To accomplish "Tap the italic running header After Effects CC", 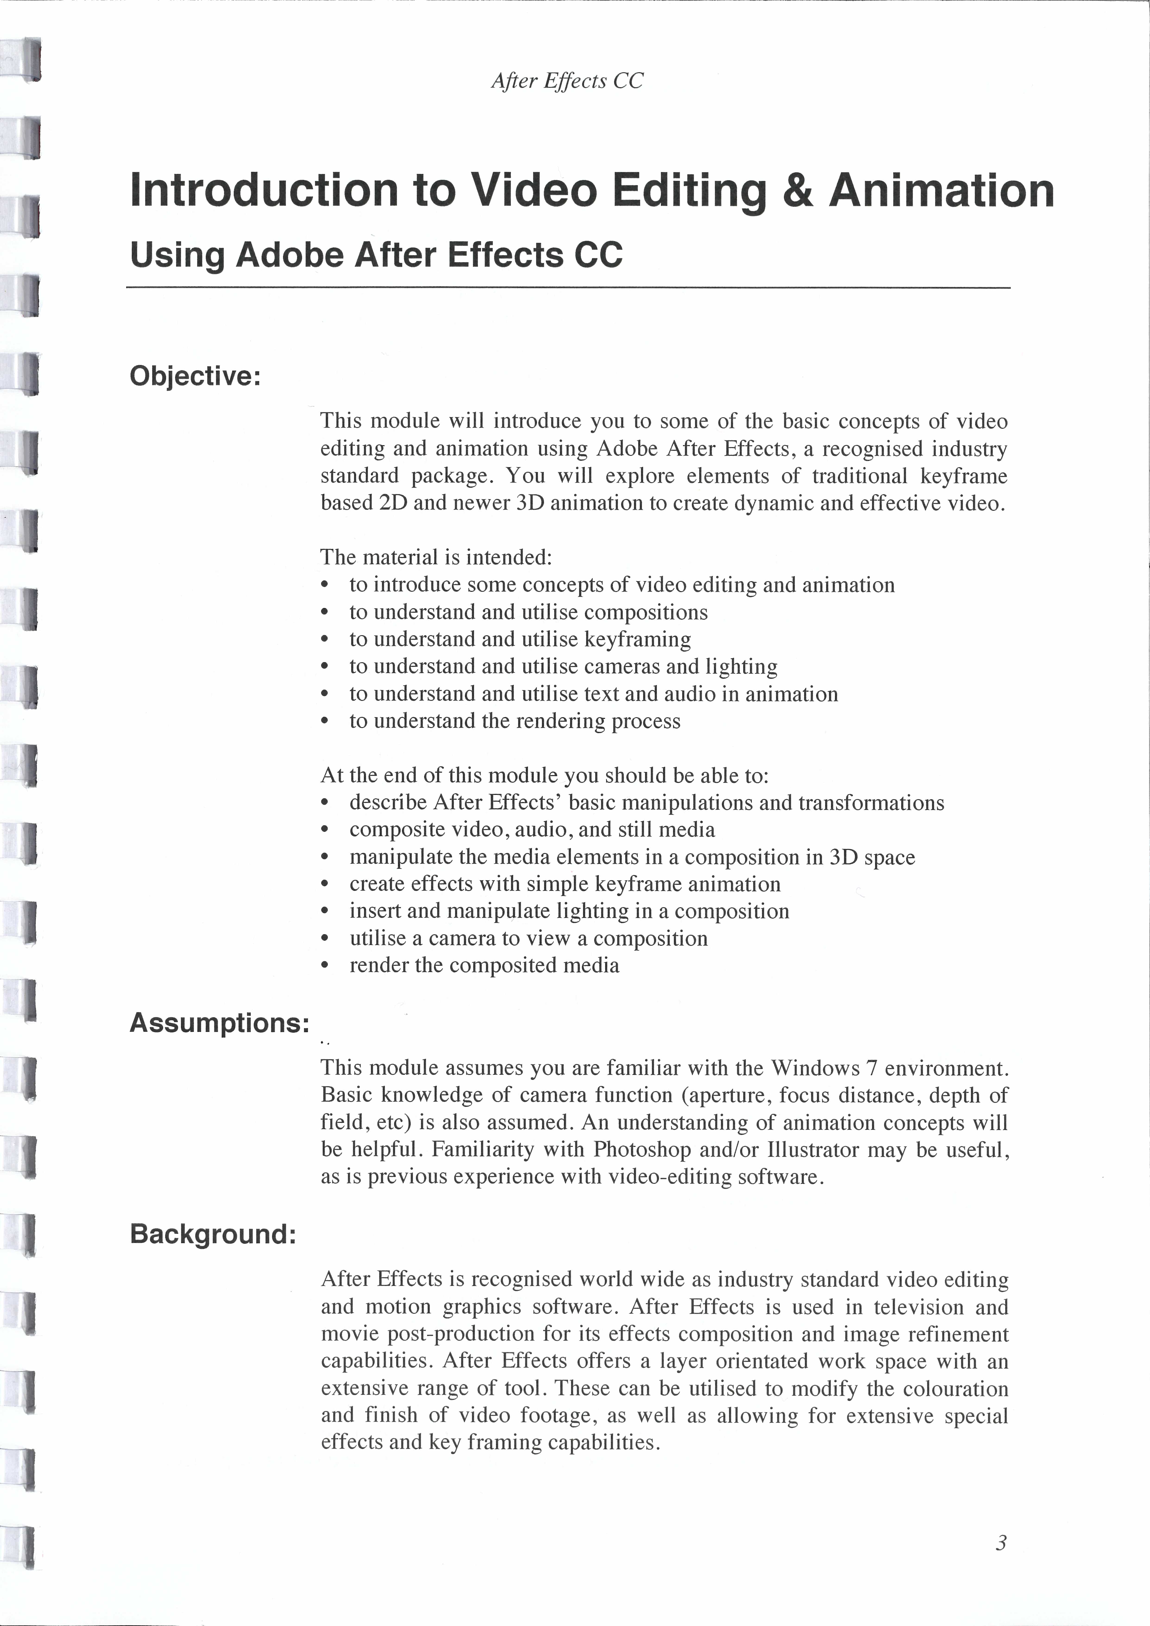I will coord(567,81).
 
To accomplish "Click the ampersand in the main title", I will coord(798,191).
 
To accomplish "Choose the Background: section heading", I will coord(212,1234).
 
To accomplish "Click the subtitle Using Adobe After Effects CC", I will coord(376,255).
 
